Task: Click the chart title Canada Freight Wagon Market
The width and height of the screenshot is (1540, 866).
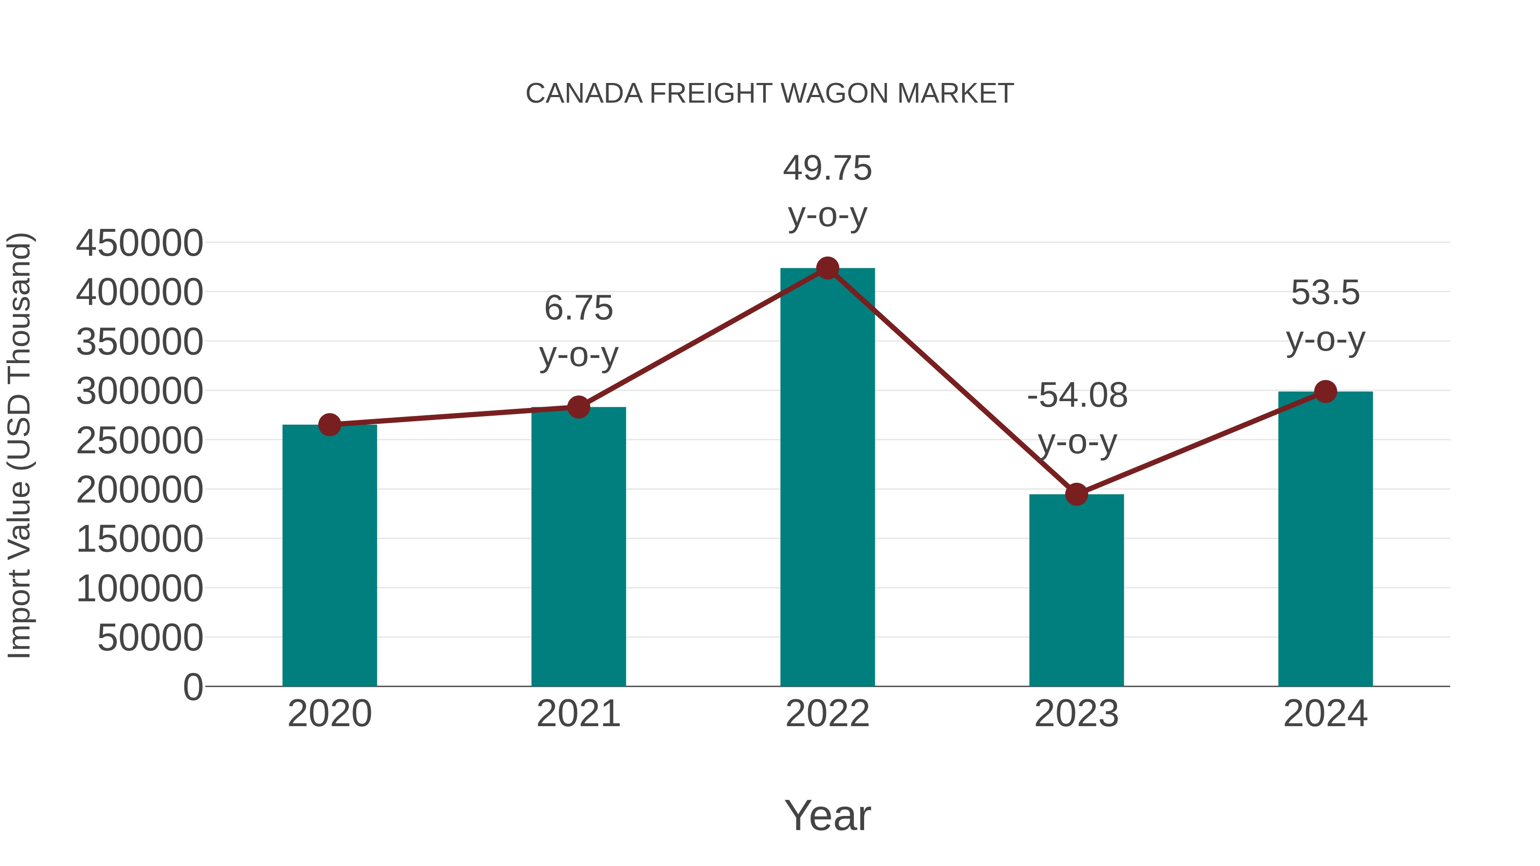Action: click(x=770, y=94)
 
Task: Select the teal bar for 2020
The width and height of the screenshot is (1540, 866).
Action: click(x=329, y=556)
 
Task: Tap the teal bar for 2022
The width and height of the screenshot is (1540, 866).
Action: click(x=827, y=478)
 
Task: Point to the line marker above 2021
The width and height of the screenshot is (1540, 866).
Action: click(x=578, y=407)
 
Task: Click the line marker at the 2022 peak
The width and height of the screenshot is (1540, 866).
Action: click(x=827, y=268)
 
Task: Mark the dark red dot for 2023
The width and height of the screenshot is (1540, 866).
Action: click(x=1076, y=494)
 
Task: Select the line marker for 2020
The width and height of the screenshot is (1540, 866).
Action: click(x=329, y=425)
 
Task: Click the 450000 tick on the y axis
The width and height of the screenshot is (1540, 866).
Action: click(x=139, y=243)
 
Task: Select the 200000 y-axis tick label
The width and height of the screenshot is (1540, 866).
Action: click(x=139, y=490)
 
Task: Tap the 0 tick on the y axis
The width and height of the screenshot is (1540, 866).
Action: click(x=192, y=687)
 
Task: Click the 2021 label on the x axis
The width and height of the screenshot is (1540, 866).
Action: click(x=578, y=714)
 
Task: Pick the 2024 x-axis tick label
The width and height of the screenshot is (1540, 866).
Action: click(x=1325, y=714)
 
